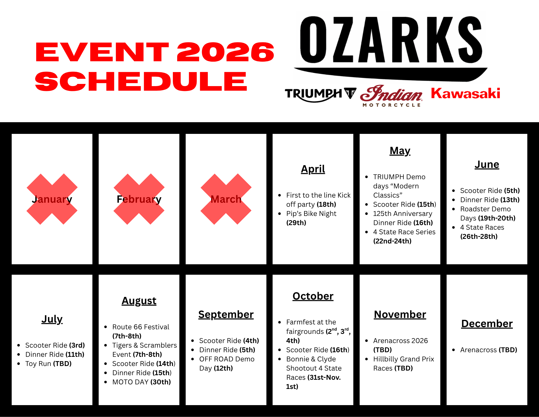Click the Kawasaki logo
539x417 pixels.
[x=465, y=93]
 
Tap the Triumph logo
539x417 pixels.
[x=321, y=95]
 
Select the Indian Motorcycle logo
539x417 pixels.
[x=391, y=96]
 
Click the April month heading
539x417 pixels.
[x=313, y=169]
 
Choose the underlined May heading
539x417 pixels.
[x=400, y=151]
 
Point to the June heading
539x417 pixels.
[x=487, y=164]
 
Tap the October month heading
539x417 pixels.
[x=313, y=296]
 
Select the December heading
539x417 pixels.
[x=487, y=324]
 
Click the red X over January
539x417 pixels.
[x=52, y=199]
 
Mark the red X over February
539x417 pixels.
[x=139, y=199]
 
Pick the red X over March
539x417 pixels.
[x=226, y=199]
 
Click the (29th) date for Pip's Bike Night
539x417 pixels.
[x=296, y=223]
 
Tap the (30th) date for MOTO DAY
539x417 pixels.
[x=160, y=382]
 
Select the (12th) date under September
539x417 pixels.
[x=223, y=368]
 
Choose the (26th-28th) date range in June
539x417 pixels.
[x=479, y=236]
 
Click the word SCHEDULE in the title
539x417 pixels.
[x=141, y=81]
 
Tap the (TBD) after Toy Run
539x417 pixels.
[x=62, y=364]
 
